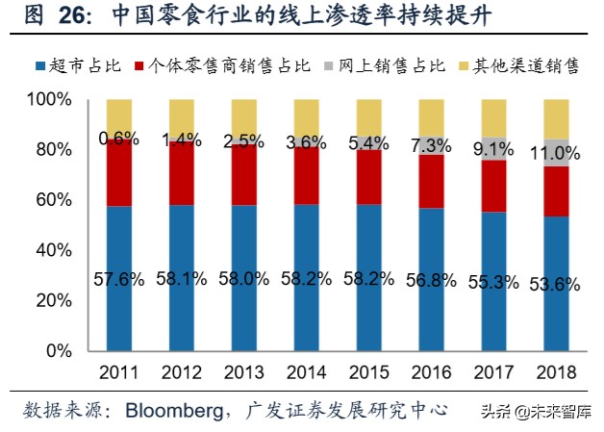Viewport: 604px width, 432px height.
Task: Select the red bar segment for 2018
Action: point(556,191)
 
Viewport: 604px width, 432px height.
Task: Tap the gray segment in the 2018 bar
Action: point(556,153)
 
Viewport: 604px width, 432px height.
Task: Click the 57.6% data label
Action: point(118,280)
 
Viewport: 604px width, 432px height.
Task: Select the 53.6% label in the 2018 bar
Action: point(556,285)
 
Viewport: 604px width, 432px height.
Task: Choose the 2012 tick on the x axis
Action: point(181,372)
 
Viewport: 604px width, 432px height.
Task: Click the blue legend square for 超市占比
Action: point(40,66)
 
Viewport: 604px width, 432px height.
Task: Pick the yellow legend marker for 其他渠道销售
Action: point(466,66)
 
